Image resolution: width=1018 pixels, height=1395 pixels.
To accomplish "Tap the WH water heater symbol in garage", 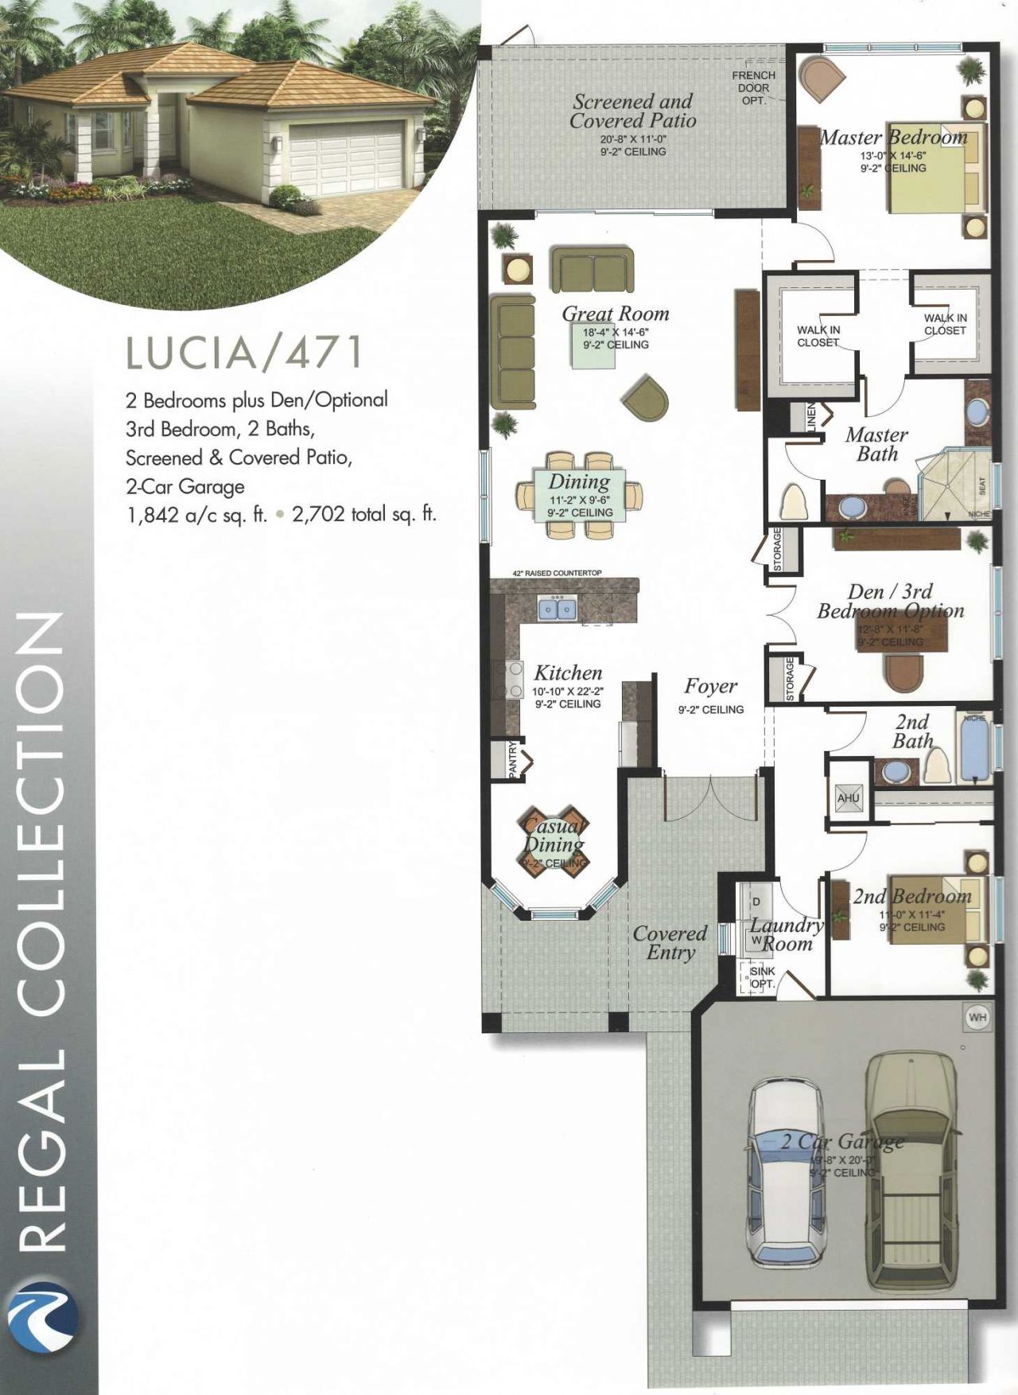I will pos(977,1017).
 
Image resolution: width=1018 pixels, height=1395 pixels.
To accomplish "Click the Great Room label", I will pos(615,314).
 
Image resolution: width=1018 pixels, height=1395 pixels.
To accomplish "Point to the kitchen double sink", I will pos(557,609).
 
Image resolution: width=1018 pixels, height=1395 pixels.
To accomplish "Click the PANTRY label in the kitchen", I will pos(513,759).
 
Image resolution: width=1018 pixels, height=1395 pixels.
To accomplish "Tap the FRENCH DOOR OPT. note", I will pos(753,88).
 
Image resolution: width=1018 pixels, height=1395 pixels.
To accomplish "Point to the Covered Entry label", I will pos(670,942).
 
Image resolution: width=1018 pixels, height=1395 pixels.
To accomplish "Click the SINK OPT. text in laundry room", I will pos(762,977).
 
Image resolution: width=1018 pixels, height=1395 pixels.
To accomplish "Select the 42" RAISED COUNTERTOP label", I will pos(557,573).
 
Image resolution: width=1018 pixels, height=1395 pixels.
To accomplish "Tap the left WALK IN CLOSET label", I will pos(818,336).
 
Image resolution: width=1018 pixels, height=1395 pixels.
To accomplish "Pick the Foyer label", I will pos(710,686).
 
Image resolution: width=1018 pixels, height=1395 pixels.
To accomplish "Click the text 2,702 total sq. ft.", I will pos(364,514).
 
